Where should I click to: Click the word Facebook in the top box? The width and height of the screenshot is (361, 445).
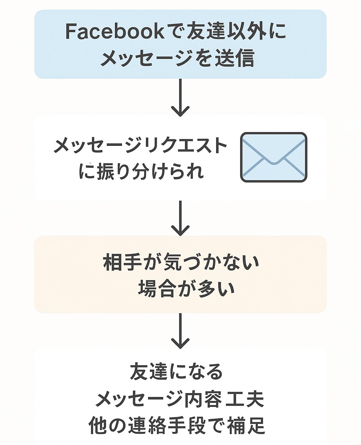click(115, 32)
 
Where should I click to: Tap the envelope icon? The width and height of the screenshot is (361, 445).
click(274, 157)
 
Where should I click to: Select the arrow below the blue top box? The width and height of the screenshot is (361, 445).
click(180, 97)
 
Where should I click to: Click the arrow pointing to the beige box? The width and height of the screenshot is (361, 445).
click(180, 218)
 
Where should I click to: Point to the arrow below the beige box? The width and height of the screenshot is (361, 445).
click(180, 331)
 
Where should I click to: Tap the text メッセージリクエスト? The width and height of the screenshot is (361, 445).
click(140, 146)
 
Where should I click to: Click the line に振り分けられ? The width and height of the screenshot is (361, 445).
click(141, 172)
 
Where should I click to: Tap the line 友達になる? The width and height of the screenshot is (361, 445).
click(176, 372)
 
